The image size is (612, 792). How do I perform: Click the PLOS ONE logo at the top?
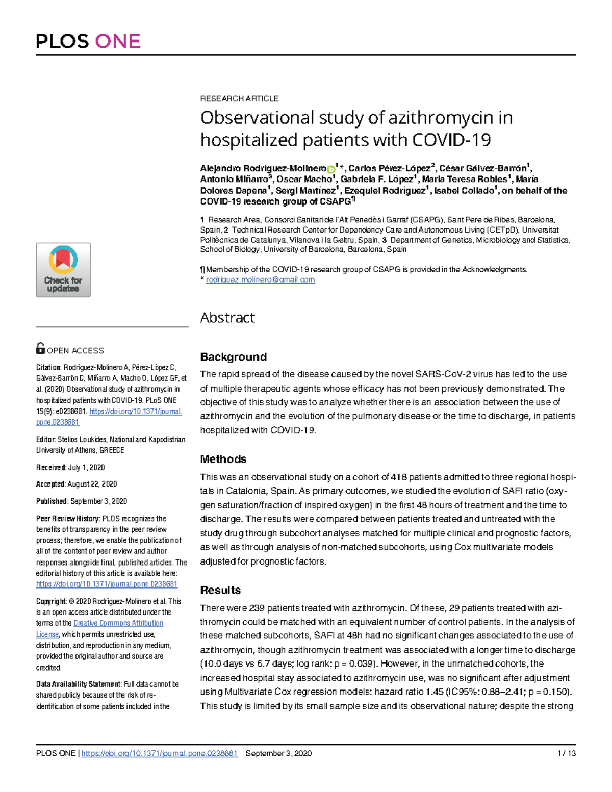point(88,41)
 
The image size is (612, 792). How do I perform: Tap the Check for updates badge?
point(63,270)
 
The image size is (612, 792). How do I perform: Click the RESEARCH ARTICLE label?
point(239,98)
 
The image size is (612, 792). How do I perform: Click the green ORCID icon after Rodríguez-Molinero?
point(331,169)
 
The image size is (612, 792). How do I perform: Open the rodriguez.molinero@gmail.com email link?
point(260,279)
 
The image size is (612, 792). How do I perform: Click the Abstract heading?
point(227,318)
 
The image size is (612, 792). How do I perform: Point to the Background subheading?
point(233,356)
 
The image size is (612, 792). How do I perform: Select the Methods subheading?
point(223,459)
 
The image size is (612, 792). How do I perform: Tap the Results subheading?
point(220,590)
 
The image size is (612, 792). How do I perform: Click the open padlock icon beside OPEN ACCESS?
point(40,348)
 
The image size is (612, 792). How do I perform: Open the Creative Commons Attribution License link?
point(118,623)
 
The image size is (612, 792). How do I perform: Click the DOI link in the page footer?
point(159,753)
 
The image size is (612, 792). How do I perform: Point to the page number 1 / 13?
point(567,753)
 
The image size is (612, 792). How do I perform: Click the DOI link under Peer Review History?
point(107,584)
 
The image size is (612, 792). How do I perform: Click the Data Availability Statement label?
point(78,684)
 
